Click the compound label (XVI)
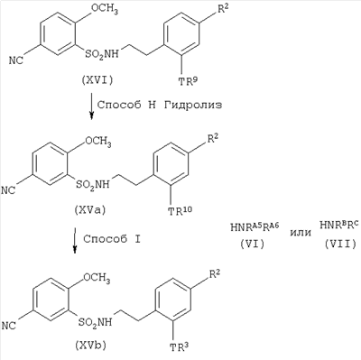[97, 80]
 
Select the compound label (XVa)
[89, 210]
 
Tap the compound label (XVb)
[90, 346]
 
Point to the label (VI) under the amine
[252, 244]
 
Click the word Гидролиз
[193, 105]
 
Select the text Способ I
[112, 239]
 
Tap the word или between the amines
[301, 232]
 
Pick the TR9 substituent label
[188, 80]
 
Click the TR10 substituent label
[180, 210]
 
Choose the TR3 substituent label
[180, 346]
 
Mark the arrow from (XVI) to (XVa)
[92, 106]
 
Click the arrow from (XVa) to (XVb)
[75, 241]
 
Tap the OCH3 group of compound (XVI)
[105, 10]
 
